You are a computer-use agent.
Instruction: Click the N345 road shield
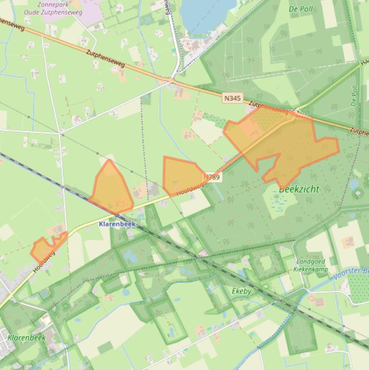point(232,98)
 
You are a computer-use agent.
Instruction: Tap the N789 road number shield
point(212,177)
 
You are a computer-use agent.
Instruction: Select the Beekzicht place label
point(298,189)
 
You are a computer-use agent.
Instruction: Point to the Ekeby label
point(241,291)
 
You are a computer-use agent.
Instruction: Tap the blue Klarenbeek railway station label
point(117,224)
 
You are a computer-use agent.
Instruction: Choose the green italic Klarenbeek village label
point(26,337)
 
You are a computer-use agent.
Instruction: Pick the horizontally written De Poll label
point(300,9)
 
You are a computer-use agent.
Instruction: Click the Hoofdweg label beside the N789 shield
point(187,190)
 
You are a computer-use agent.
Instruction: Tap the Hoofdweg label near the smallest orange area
point(44,262)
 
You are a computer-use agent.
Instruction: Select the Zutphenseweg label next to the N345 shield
point(270,108)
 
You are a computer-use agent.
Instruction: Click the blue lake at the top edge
point(206,12)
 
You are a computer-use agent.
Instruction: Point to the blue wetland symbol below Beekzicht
point(277,202)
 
